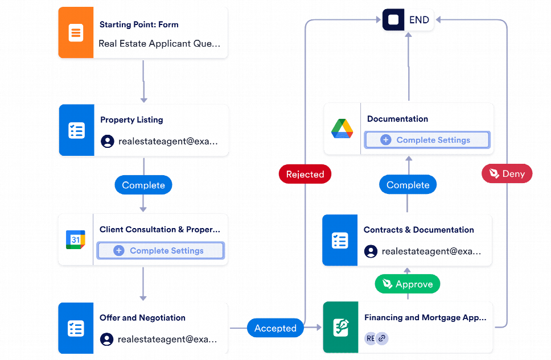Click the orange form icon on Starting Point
tap(76, 33)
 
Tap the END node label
tap(420, 20)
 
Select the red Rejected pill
tap(305, 174)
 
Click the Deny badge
tap(507, 174)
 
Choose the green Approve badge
tap(408, 284)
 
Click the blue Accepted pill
tap(275, 328)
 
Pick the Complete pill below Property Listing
tap(143, 185)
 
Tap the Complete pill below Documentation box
tap(408, 185)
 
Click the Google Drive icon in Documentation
tap(342, 129)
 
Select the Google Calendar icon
tap(75, 239)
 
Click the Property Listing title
tap(131, 119)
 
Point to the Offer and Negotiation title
tap(142, 317)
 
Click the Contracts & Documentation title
tap(418, 230)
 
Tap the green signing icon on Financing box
tap(340, 328)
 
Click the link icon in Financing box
tap(382, 338)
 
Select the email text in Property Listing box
tap(167, 142)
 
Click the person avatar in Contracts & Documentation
tap(371, 251)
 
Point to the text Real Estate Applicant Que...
tap(159, 43)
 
